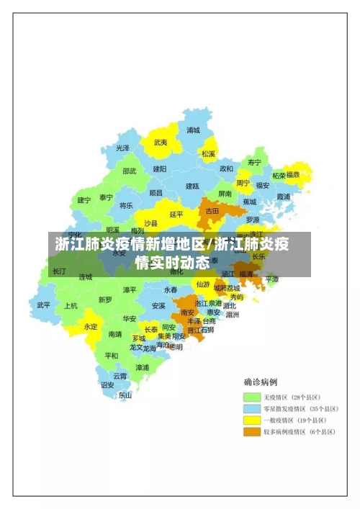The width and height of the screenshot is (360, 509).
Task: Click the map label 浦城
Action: click(193, 130)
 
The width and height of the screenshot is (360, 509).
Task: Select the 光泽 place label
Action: click(123, 148)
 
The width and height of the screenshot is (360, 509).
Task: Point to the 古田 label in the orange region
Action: click(212, 211)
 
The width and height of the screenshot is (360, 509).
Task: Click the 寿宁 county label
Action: click(254, 162)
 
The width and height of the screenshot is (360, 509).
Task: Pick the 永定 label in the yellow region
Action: click(91, 326)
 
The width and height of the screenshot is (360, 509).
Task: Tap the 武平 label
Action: click(44, 305)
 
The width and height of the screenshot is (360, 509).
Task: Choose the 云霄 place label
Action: click(120, 376)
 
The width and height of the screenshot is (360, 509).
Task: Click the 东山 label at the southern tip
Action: click(125, 395)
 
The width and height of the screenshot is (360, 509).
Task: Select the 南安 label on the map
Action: click(188, 312)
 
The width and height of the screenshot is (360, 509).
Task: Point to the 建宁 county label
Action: click(84, 200)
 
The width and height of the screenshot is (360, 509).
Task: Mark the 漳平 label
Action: click(130, 289)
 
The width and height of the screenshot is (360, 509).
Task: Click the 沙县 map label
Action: click(150, 223)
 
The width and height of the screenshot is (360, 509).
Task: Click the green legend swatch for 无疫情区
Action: click(251, 397)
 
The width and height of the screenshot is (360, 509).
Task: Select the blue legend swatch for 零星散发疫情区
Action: click(251, 409)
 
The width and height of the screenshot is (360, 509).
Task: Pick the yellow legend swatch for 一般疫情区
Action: click(251, 420)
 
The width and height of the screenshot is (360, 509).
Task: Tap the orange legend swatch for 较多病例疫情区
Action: click(251, 432)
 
